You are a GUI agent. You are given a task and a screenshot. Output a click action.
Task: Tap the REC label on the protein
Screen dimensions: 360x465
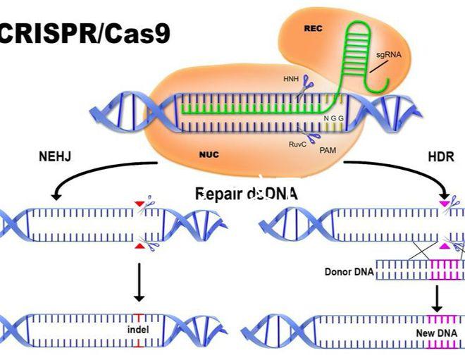[312, 29]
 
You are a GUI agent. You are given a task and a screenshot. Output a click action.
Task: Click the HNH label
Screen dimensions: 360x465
[290, 79]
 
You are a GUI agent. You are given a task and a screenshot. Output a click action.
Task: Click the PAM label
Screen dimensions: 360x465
[328, 150]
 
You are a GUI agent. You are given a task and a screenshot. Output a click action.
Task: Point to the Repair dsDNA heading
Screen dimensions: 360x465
[247, 194]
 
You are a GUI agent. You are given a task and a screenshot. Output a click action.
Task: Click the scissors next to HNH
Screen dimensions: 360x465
[306, 89]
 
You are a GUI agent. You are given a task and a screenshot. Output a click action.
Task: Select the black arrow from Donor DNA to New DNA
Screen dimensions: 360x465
[437, 298]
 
